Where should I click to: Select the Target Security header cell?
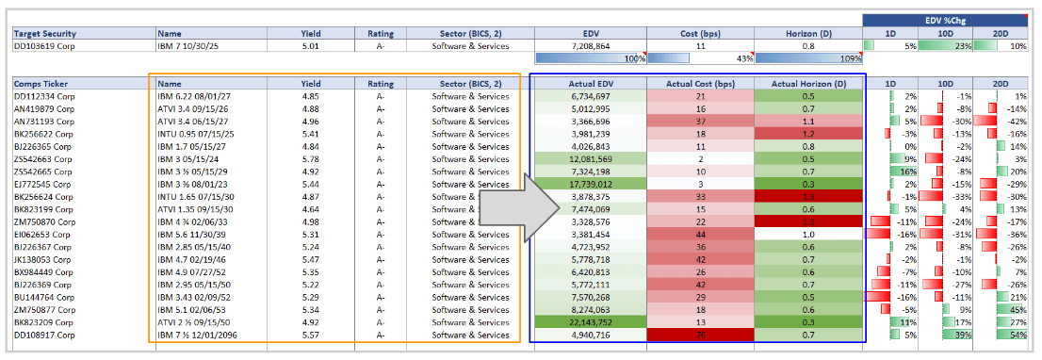coord(46,33)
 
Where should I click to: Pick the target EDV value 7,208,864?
coord(590,45)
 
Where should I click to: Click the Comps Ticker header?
coord(41,84)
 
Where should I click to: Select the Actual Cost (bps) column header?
coord(700,84)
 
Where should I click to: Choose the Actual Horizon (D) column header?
coord(807,84)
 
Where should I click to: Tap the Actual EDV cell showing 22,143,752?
coord(590,321)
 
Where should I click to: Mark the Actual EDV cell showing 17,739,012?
coord(590,183)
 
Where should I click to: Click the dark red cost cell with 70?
coord(700,334)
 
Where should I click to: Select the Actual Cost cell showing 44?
coord(700,235)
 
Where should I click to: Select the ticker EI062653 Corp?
coord(41,235)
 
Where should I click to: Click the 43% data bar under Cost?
coord(700,58)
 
